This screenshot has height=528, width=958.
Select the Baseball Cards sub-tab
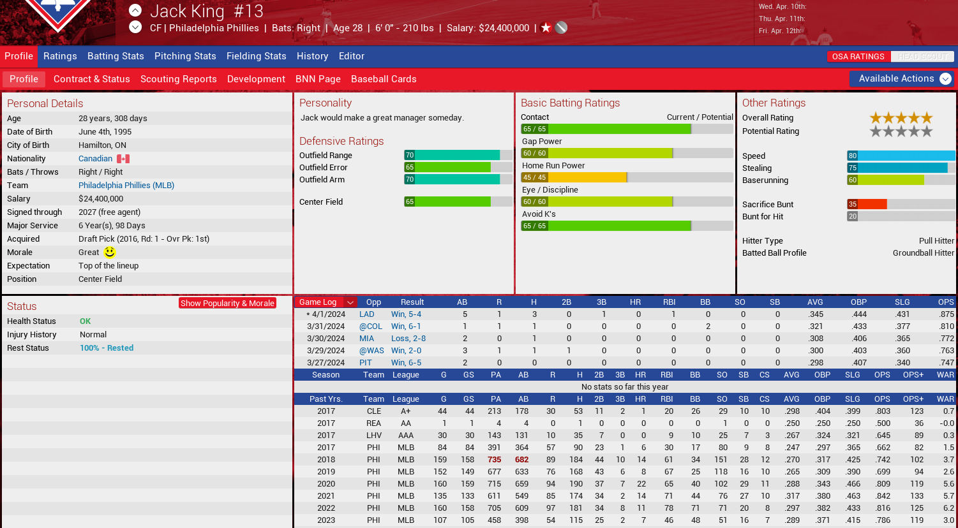pyautogui.click(x=384, y=79)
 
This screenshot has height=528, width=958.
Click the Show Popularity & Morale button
pyautogui.click(x=227, y=303)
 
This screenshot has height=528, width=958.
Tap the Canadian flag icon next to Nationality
pyautogui.click(x=123, y=159)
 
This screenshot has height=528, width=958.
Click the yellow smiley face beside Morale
pyautogui.click(x=110, y=253)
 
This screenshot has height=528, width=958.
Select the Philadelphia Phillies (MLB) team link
pyautogui.click(x=126, y=186)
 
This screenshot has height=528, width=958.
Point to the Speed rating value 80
pyautogui.click(x=853, y=156)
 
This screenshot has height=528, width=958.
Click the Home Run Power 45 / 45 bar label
pyautogui.click(x=534, y=177)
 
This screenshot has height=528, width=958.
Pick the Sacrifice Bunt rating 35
pyautogui.click(x=853, y=204)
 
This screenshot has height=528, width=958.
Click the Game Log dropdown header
pyautogui.click(x=326, y=302)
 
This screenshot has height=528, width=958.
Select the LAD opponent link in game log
pyautogui.click(x=367, y=314)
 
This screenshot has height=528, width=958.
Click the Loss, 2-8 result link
pyautogui.click(x=408, y=339)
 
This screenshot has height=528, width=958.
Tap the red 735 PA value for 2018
pyautogui.click(x=495, y=460)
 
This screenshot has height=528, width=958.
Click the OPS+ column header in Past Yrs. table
pyautogui.click(x=913, y=399)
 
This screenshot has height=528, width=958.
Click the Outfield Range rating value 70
pyautogui.click(x=410, y=155)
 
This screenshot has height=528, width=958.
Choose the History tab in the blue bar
pyautogui.click(x=312, y=56)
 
